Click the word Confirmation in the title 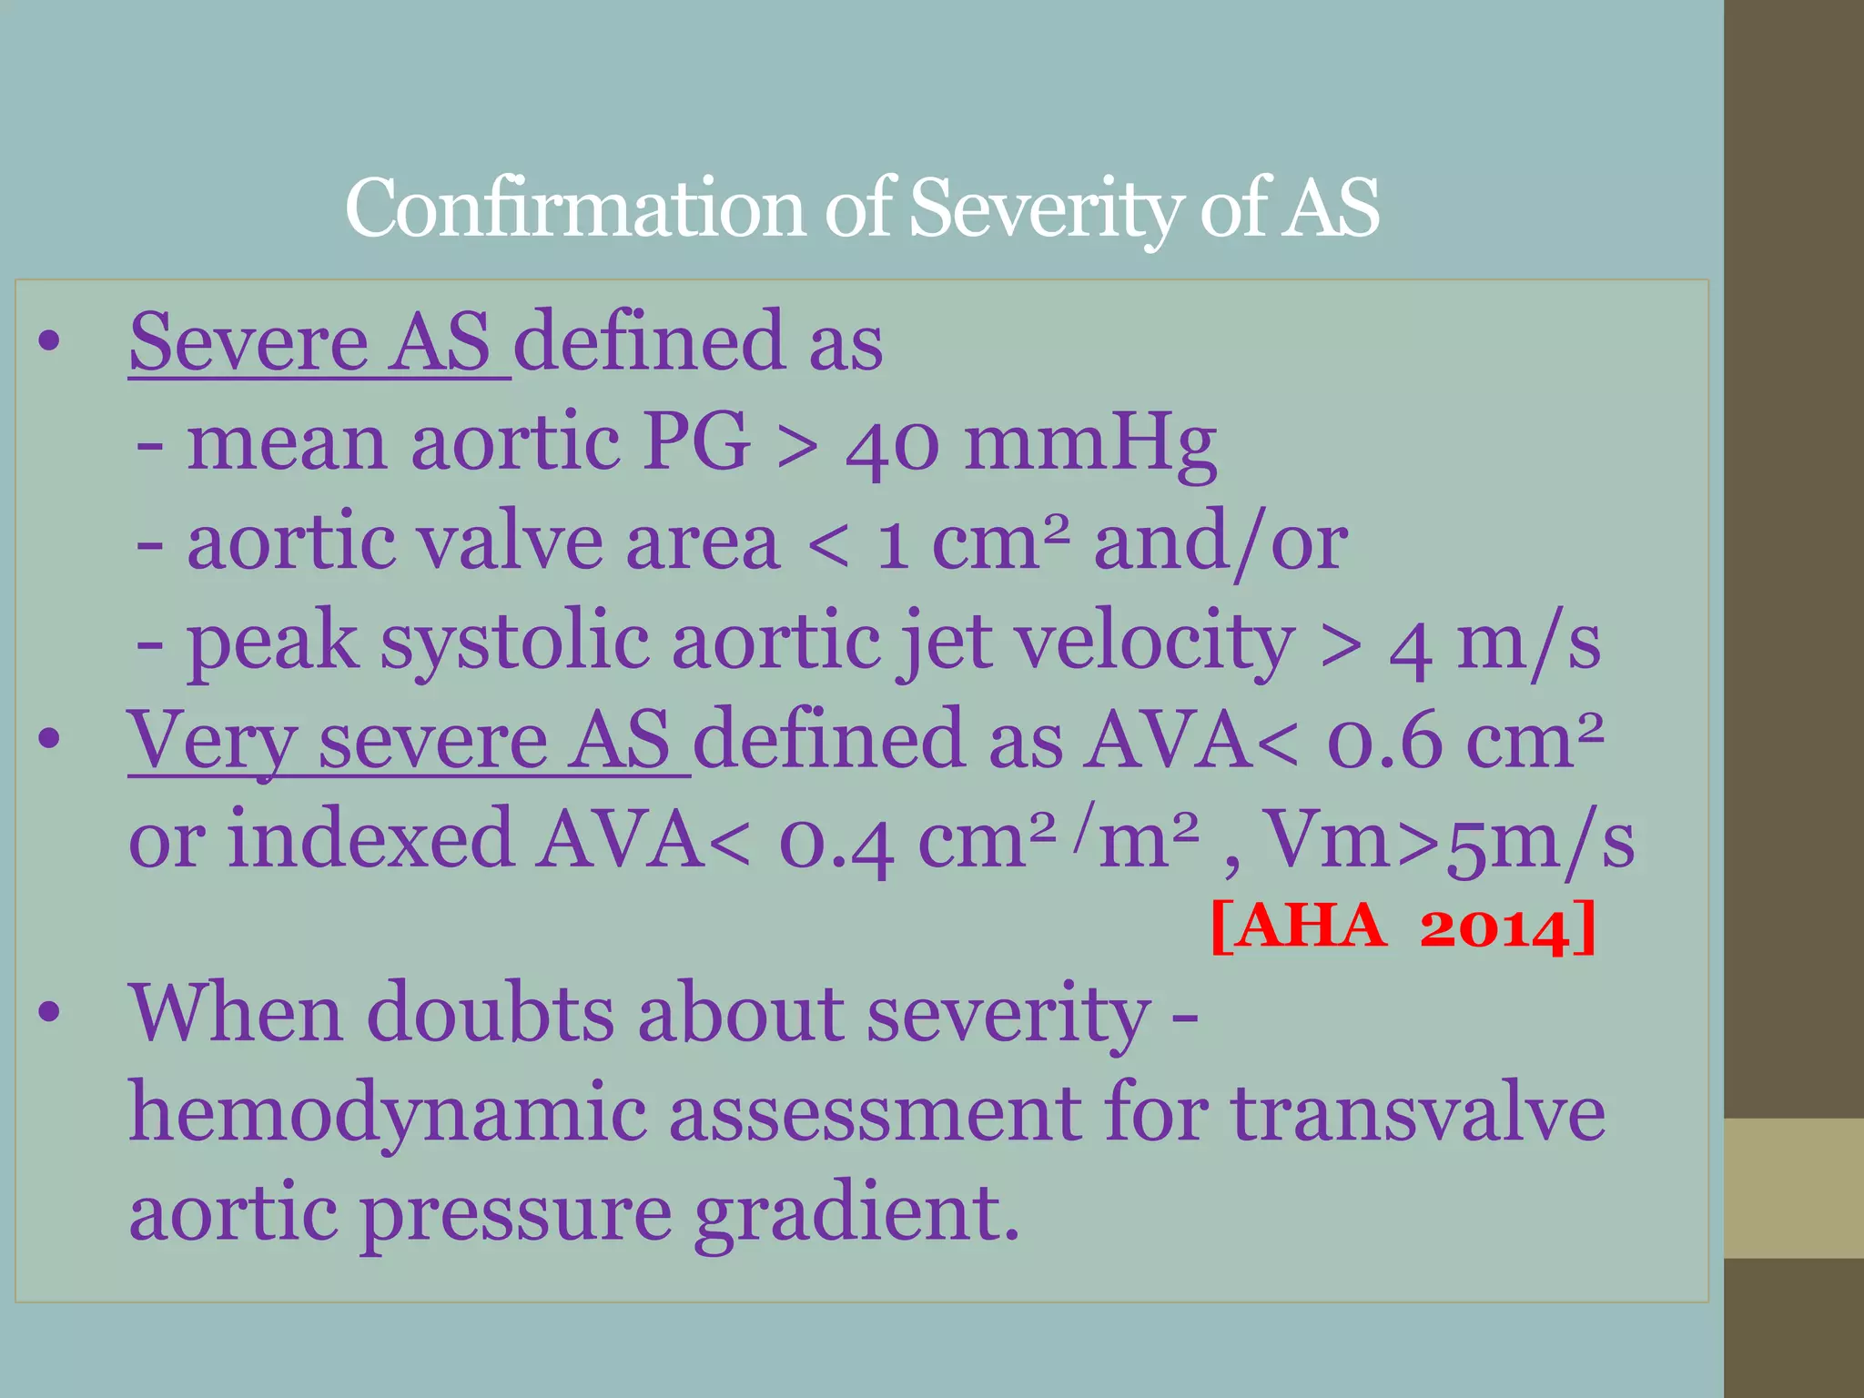coord(573,209)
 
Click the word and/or coord(1221,543)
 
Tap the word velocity coord(1154,643)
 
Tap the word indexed coord(370,839)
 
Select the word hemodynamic coord(388,1114)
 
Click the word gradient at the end coord(856,1214)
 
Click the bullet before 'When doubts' coord(49,1013)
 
